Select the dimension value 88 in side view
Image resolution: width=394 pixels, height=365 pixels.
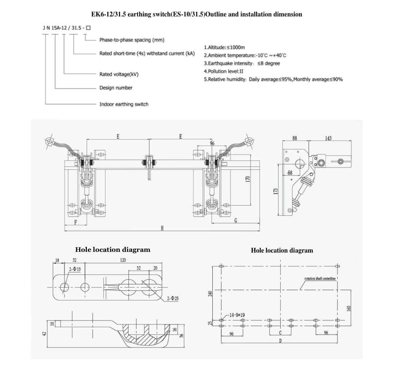point(295,138)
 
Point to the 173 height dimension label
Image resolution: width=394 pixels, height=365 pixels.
point(276,191)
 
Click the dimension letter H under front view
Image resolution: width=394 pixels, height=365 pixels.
point(162,228)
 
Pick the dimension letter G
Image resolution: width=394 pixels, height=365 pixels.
point(236,220)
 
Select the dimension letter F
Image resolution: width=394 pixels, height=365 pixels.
point(76,222)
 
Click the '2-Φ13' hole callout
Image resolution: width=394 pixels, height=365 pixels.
point(75,269)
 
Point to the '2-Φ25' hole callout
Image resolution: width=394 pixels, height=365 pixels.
point(173,299)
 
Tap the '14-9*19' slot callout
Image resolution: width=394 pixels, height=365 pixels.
point(237,315)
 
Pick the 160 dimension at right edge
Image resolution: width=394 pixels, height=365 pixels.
point(348,308)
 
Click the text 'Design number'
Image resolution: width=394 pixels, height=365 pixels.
point(116,88)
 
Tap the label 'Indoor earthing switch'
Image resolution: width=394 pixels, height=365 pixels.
point(124,104)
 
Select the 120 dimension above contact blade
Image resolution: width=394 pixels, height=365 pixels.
point(123,260)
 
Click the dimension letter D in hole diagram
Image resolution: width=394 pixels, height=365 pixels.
point(280,341)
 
